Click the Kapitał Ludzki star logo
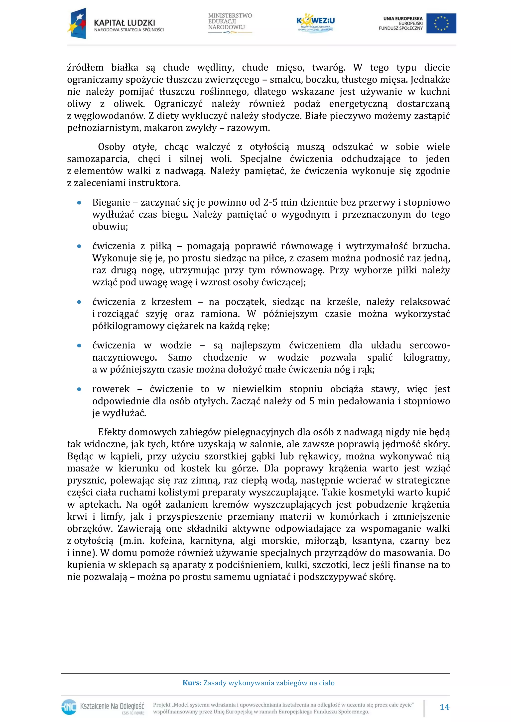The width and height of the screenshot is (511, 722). click(77, 24)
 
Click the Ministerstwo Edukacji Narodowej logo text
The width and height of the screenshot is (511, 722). click(230, 21)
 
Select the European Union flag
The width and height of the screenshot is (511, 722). click(441, 23)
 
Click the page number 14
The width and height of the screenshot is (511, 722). click(444, 707)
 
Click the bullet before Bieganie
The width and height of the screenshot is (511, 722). click(79, 203)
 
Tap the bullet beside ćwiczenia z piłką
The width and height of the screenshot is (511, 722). click(79, 246)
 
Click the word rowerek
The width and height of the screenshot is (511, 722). click(111, 389)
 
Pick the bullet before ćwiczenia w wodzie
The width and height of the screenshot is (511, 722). click(79, 346)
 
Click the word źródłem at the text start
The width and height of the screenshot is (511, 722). click(85, 68)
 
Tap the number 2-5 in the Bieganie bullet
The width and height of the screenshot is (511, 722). click(271, 203)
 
